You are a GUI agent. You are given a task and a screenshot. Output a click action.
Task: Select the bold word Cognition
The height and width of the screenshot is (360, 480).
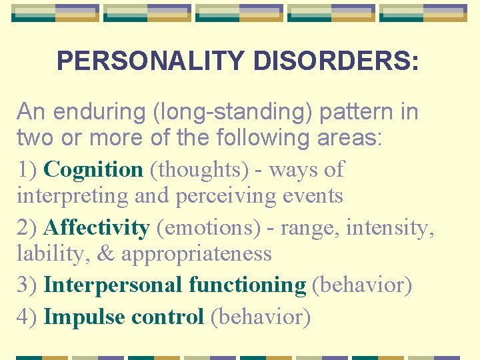tap(93, 169)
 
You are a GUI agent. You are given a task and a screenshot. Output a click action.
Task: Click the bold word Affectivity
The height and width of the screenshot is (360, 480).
tap(97, 227)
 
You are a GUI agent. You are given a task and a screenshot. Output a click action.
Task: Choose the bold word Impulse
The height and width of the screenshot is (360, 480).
tap(85, 317)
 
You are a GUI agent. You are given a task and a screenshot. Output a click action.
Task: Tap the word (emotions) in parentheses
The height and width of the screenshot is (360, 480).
tap(209, 227)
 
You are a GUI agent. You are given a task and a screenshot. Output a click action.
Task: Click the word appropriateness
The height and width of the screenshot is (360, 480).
tap(197, 253)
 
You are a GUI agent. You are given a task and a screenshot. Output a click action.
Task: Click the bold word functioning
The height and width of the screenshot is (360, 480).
tap(247, 285)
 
